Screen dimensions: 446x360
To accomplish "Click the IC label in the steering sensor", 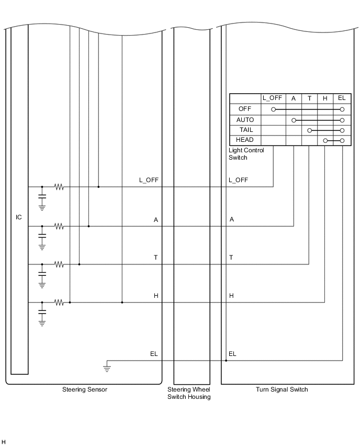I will click(19, 217).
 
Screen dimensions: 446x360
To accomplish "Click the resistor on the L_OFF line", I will click(59, 186).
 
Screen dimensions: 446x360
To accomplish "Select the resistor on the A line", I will click(59, 226).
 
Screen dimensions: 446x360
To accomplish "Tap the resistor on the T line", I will click(59, 264).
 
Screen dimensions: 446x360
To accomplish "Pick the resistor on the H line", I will click(59, 302).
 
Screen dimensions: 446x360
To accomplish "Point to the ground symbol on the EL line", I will click(107, 368).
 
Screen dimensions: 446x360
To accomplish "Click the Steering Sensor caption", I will click(85, 389).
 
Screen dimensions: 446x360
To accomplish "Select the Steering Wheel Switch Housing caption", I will click(188, 393).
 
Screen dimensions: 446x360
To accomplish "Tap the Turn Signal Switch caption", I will click(282, 389).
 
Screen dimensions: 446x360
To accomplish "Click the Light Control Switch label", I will click(246, 154).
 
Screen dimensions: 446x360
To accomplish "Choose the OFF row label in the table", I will click(245, 109).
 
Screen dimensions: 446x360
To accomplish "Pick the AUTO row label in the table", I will click(245, 120).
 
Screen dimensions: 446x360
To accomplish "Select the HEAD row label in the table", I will click(245, 140).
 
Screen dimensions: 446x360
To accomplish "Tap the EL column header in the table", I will click(342, 98).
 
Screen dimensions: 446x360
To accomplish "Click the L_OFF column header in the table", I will click(272, 98).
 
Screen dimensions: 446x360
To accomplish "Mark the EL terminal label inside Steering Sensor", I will click(154, 354).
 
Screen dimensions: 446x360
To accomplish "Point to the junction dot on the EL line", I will click(226, 360).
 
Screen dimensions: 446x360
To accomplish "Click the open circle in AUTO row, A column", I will click(294, 120).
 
